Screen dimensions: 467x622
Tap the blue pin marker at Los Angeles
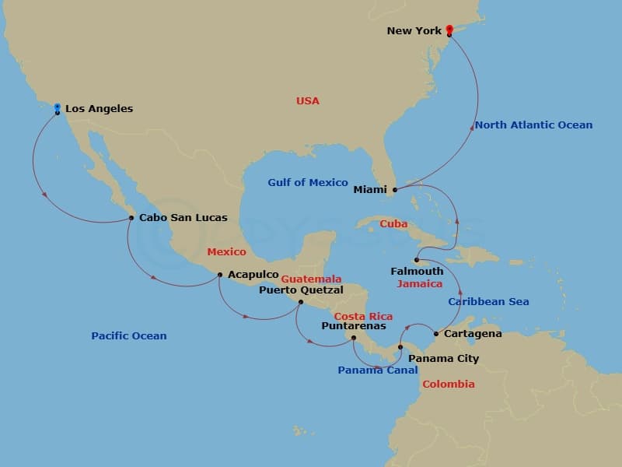pyautogui.click(x=57, y=109)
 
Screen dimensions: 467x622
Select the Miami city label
pyautogui.click(x=370, y=189)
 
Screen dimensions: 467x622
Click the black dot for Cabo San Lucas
pyautogui.click(x=131, y=218)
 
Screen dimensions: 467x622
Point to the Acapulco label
pyautogui.click(x=253, y=275)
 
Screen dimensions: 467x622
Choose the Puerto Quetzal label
pyautogui.click(x=301, y=290)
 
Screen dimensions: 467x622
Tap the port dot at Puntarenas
pyautogui.click(x=353, y=338)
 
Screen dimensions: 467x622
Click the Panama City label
pyautogui.click(x=443, y=359)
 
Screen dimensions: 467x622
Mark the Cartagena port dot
pyautogui.click(x=435, y=334)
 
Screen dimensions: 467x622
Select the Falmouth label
pyautogui.click(x=418, y=272)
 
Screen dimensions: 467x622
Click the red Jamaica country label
pyautogui.click(x=419, y=284)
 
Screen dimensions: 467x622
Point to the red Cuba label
pyautogui.click(x=393, y=224)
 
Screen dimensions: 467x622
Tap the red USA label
pyautogui.click(x=307, y=101)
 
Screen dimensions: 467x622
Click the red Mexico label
pyautogui.click(x=226, y=252)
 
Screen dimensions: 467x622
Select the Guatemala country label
pyautogui.click(x=311, y=279)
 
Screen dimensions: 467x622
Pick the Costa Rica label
pyautogui.click(x=363, y=317)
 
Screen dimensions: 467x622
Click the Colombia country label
pyautogui.click(x=448, y=384)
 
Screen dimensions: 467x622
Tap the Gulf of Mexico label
pyautogui.click(x=308, y=183)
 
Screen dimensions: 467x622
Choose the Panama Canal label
pyautogui.click(x=377, y=370)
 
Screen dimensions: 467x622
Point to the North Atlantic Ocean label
pyautogui.click(x=533, y=125)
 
